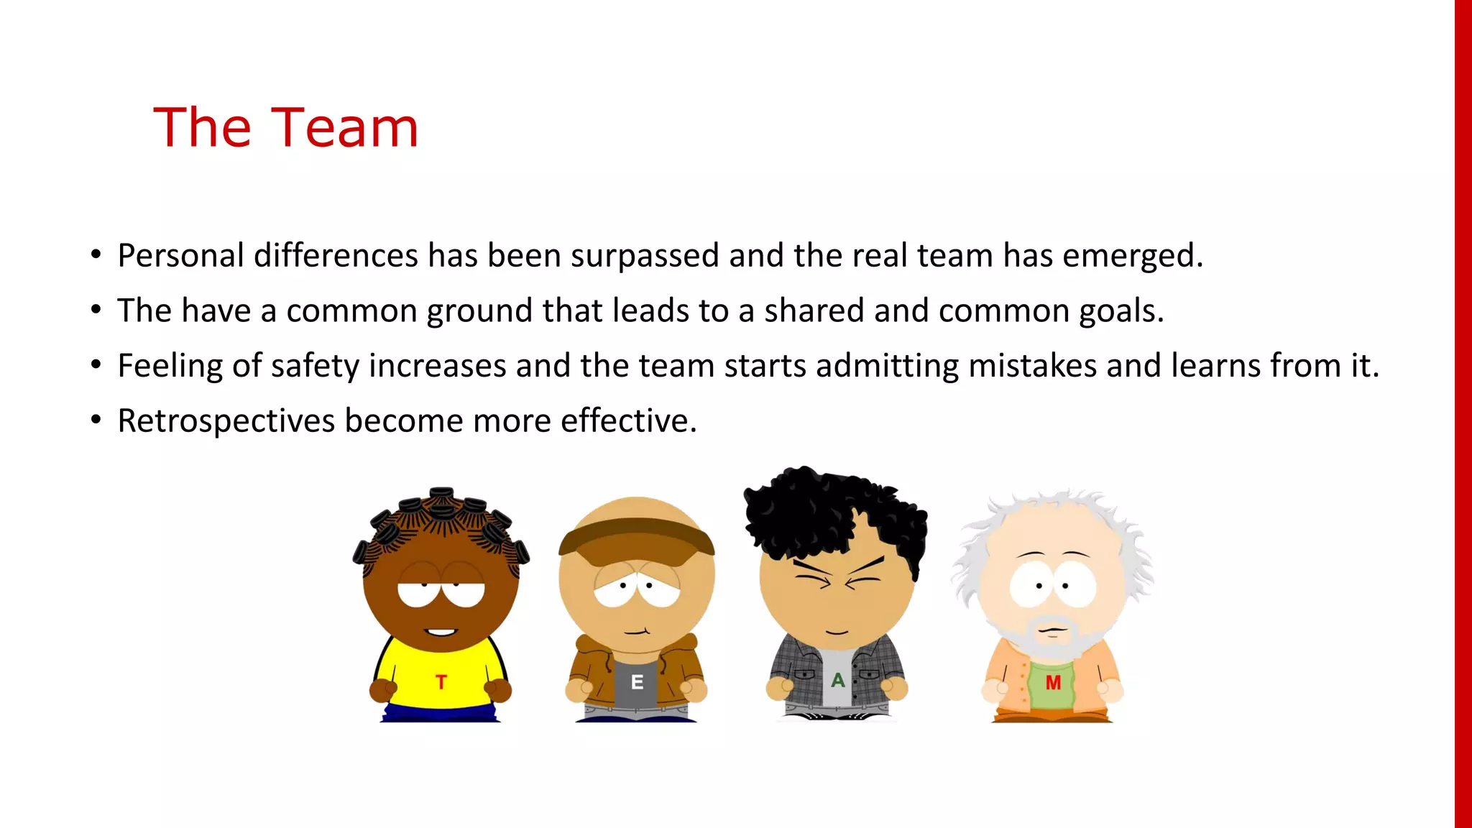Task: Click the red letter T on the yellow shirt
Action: pyautogui.click(x=441, y=681)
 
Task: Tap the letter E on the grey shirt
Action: pyautogui.click(x=637, y=682)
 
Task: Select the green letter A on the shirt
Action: pyautogui.click(x=838, y=680)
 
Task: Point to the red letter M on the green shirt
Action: pyautogui.click(x=1053, y=683)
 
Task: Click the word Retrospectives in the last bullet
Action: pyautogui.click(x=226, y=421)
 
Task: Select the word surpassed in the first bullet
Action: pyautogui.click(x=645, y=256)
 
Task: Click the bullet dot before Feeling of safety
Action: pyautogui.click(x=96, y=365)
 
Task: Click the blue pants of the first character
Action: pyautogui.click(x=440, y=714)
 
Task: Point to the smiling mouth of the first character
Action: pyautogui.click(x=440, y=632)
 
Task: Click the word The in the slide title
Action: pyautogui.click(x=202, y=128)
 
